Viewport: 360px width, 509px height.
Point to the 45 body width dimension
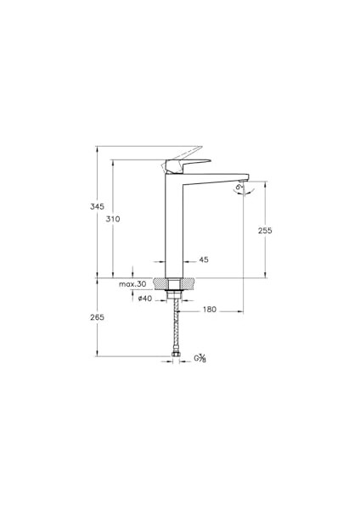coord(203,260)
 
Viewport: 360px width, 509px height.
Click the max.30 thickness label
coord(132,284)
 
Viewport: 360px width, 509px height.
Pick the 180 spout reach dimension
coord(208,310)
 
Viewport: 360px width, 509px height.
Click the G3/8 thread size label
coord(200,359)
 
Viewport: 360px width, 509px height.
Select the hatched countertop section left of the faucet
coord(160,283)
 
